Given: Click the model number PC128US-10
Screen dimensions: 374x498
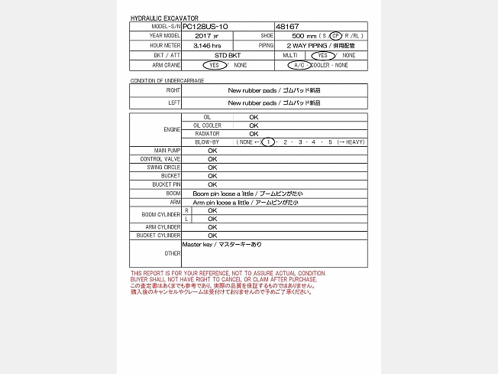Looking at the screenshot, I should (206, 26).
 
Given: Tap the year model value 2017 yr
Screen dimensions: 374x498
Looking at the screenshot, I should (206, 36).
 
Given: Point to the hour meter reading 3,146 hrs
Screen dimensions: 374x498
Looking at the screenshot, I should (207, 46).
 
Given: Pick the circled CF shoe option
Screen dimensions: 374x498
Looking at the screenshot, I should (335, 36).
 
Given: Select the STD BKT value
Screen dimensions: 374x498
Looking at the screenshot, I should (228, 56).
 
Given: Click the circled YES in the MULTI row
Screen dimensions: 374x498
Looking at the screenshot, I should (323, 56).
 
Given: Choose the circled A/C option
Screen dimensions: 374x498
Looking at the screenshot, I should (297, 66).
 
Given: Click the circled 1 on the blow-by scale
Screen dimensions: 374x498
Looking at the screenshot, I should (268, 142).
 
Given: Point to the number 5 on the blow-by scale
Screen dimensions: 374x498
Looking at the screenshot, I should (330, 142).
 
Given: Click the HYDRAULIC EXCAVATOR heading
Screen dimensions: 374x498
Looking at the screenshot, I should (164, 18).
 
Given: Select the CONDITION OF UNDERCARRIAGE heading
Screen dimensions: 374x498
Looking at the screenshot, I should (167, 80).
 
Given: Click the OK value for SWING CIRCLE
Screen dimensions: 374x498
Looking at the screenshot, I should (212, 167).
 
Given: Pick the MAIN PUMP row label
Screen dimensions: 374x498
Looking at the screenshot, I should (167, 151).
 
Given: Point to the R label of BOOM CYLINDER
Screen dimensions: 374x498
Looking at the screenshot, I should (187, 210).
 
